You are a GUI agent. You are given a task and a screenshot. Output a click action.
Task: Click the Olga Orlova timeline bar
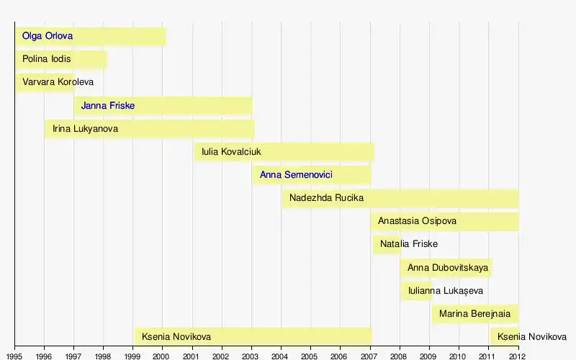pyautogui.click(x=91, y=36)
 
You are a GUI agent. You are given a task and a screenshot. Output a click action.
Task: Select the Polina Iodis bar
pyautogui.click(x=61, y=59)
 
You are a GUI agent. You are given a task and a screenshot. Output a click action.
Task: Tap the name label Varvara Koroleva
pyautogui.click(x=58, y=82)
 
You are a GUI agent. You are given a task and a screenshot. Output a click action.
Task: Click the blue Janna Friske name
pyautogui.click(x=108, y=106)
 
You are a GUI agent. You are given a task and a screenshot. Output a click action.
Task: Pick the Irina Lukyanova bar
pyautogui.click(x=149, y=129)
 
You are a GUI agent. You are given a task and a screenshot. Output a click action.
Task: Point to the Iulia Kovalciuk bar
pyautogui.click(x=284, y=152)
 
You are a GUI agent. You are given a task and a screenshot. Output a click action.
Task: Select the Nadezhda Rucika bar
pyautogui.click(x=400, y=198)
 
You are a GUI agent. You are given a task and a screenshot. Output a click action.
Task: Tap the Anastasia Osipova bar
pyautogui.click(x=444, y=221)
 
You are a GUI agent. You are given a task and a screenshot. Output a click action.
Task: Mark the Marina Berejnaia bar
pyautogui.click(x=475, y=314)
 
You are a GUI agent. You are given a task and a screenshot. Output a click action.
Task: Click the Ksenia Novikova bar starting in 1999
pyautogui.click(x=253, y=336)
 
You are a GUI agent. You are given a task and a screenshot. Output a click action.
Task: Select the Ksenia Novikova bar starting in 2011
pyautogui.click(x=504, y=336)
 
